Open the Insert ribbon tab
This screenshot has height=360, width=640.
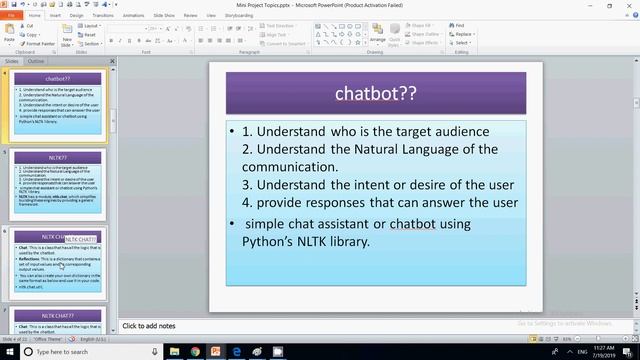[x=54, y=16]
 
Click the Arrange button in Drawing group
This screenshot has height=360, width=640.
[x=377, y=35]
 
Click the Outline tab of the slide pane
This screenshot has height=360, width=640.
[x=36, y=61]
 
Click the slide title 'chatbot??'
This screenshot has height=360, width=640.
[x=376, y=94]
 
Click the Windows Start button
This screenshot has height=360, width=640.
[x=8, y=351]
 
